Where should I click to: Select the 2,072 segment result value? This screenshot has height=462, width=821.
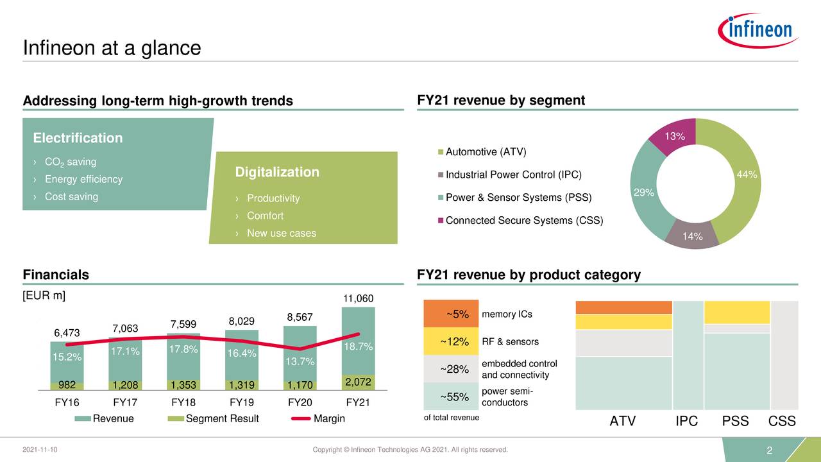point(359,382)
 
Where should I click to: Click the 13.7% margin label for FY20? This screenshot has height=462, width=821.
point(300,361)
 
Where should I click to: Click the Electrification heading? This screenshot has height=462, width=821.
point(78,138)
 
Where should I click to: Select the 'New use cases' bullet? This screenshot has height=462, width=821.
point(281,233)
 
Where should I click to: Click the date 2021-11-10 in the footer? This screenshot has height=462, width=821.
point(40,450)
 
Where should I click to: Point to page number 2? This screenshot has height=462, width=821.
point(769,452)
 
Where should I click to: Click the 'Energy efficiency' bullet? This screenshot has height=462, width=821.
point(83,179)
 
